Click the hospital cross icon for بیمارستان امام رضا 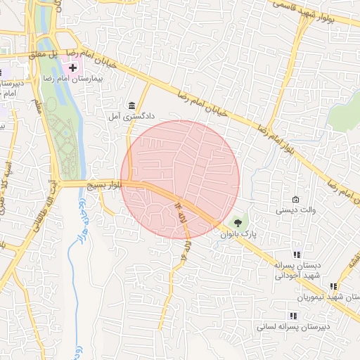(x=72, y=67)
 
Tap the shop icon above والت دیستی (x=295, y=200)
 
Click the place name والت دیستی (x=295, y=210)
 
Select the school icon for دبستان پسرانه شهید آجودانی (x=297, y=255)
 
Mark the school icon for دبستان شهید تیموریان (x=333, y=287)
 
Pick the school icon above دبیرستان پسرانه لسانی (x=292, y=316)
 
